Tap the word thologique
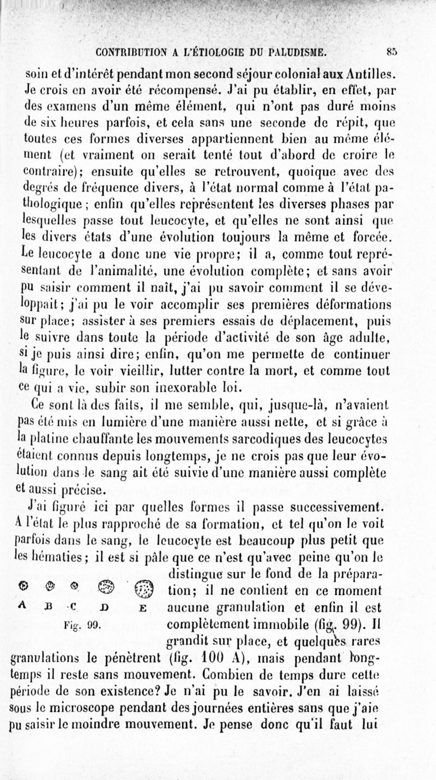point(51,222)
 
